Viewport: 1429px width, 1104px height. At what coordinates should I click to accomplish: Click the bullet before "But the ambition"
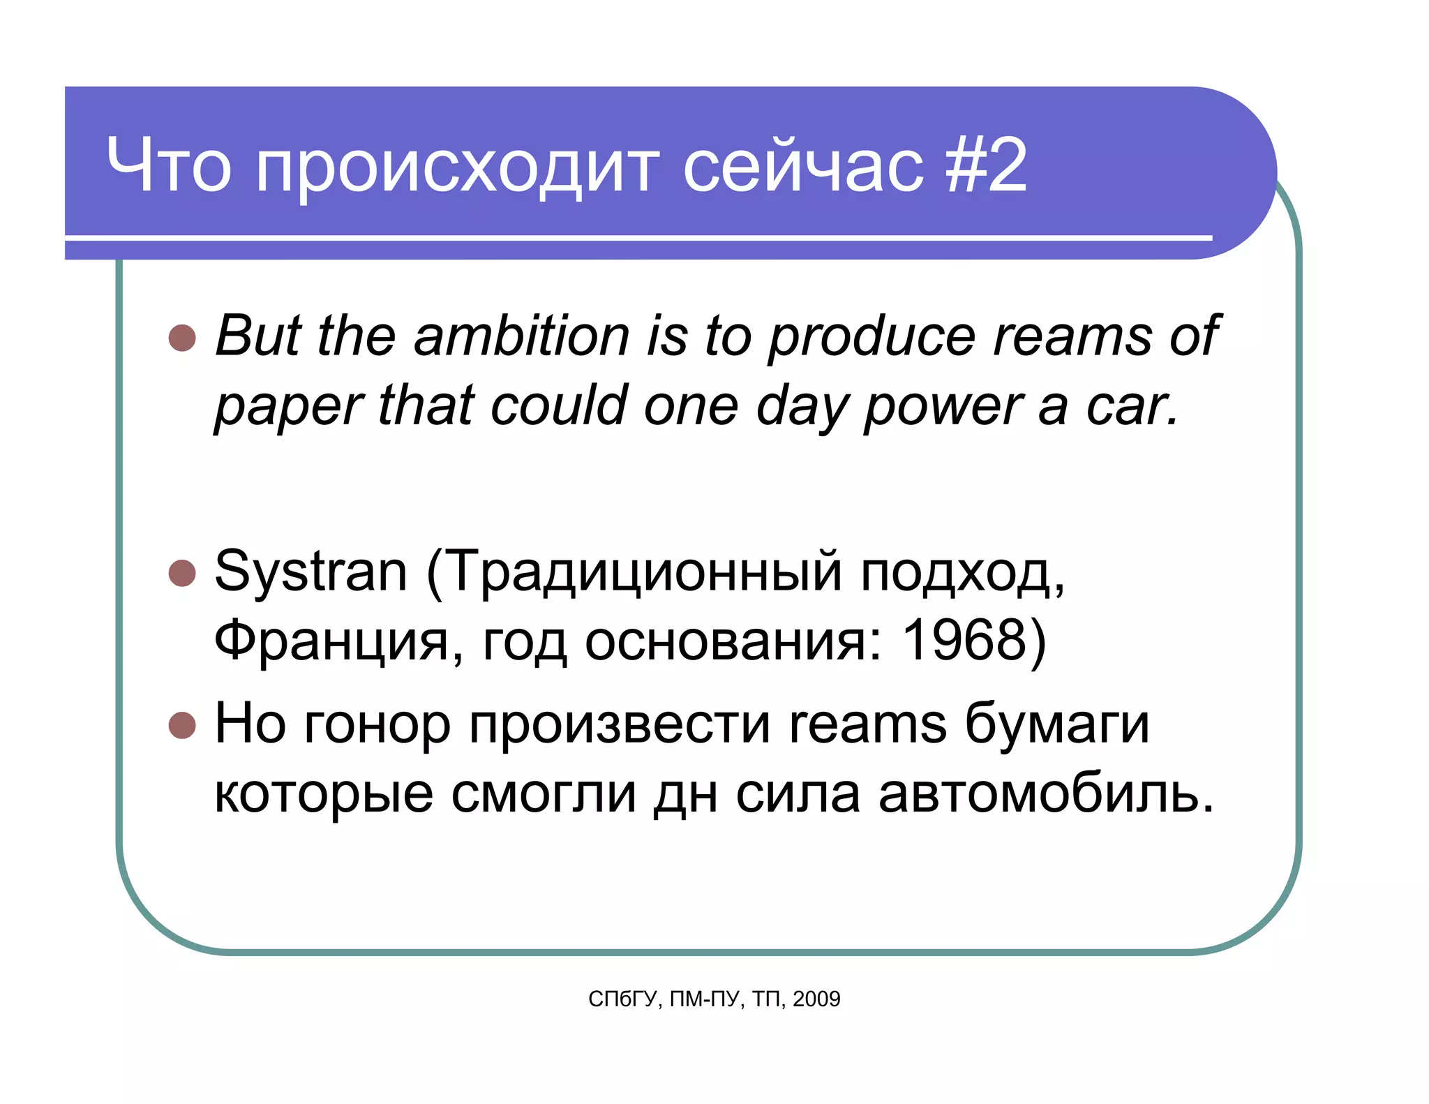182,338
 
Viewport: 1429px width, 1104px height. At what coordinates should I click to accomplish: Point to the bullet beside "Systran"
182,573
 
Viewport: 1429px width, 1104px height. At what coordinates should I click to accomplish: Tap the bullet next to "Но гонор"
182,725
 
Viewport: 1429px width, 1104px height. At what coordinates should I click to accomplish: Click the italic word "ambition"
521,336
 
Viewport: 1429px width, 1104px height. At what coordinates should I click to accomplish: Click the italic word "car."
1132,406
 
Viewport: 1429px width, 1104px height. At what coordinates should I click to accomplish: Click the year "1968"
964,640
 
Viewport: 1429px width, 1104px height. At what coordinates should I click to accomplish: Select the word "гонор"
377,725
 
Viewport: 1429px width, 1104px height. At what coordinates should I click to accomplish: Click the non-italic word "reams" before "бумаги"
867,725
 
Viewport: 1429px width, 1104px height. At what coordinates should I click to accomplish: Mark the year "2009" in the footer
816,999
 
